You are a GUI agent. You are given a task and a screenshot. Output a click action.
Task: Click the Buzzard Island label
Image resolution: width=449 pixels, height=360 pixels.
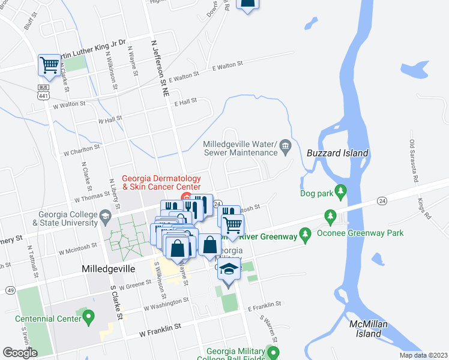coord(337,153)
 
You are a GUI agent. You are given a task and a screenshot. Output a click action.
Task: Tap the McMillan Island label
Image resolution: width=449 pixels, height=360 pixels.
coord(366,328)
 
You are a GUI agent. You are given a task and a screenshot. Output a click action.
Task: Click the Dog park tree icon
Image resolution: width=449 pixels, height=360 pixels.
coord(341,193)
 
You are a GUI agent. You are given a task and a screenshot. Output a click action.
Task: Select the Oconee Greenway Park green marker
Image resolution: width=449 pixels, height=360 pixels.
coord(329,215)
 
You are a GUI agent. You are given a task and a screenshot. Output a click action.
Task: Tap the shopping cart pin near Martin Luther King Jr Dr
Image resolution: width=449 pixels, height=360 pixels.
coord(48,65)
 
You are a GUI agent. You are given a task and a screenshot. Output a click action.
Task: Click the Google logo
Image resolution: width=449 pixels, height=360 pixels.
coord(20,353)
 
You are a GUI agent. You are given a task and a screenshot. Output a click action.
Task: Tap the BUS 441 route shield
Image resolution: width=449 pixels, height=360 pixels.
coord(43,92)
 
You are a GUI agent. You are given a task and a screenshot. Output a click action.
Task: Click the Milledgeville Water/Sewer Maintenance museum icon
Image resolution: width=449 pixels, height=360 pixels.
coord(285,145)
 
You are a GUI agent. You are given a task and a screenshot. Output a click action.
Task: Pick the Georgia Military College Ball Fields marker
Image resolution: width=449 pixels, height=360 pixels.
coord(273,352)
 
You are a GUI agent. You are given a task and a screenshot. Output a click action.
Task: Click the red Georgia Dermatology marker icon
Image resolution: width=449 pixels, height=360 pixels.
coord(186,197)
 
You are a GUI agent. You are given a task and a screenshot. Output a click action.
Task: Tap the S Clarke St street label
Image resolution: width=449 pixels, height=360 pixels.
coord(116,306)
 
